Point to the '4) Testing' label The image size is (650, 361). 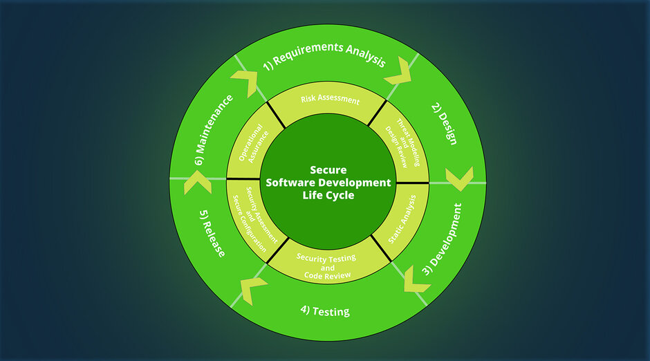click(325, 311)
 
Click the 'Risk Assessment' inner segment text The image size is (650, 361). click(330, 100)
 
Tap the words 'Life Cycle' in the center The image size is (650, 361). click(328, 195)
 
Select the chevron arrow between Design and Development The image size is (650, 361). click(457, 179)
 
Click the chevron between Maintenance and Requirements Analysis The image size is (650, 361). click(245, 84)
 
